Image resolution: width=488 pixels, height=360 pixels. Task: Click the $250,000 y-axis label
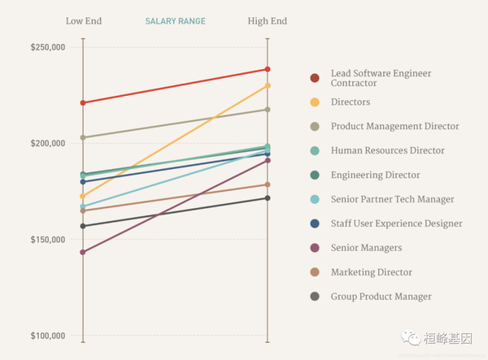[x=48, y=47]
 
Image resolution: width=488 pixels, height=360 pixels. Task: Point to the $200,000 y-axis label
[x=48, y=144]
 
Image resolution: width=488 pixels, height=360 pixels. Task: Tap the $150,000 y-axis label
[x=48, y=240]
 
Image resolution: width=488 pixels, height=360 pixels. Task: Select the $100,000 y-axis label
[x=48, y=336]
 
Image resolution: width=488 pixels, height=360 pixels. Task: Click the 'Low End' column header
[x=83, y=21]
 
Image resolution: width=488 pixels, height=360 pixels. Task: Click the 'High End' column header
[x=267, y=21]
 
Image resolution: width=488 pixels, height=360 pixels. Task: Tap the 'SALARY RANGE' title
[x=175, y=21]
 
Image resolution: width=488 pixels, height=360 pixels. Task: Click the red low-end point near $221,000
[x=83, y=103]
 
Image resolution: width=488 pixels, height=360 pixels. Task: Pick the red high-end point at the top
[x=267, y=69]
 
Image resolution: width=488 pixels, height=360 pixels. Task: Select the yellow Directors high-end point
[x=267, y=85]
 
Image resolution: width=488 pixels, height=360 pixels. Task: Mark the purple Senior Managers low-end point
[x=83, y=252]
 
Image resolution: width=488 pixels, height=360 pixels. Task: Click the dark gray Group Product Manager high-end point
[x=267, y=198]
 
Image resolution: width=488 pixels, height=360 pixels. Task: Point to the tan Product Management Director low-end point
[x=83, y=137]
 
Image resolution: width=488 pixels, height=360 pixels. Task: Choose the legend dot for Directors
[x=315, y=102]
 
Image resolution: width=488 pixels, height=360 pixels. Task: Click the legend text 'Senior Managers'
[x=366, y=248]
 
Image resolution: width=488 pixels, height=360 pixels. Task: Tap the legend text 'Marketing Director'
[x=372, y=272]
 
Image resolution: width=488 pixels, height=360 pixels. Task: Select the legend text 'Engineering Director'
[x=375, y=175]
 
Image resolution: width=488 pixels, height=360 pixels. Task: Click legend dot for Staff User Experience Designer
[x=315, y=223]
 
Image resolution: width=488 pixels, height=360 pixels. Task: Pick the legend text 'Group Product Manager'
[x=381, y=297]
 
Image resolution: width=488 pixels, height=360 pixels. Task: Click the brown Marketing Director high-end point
[x=267, y=184]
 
